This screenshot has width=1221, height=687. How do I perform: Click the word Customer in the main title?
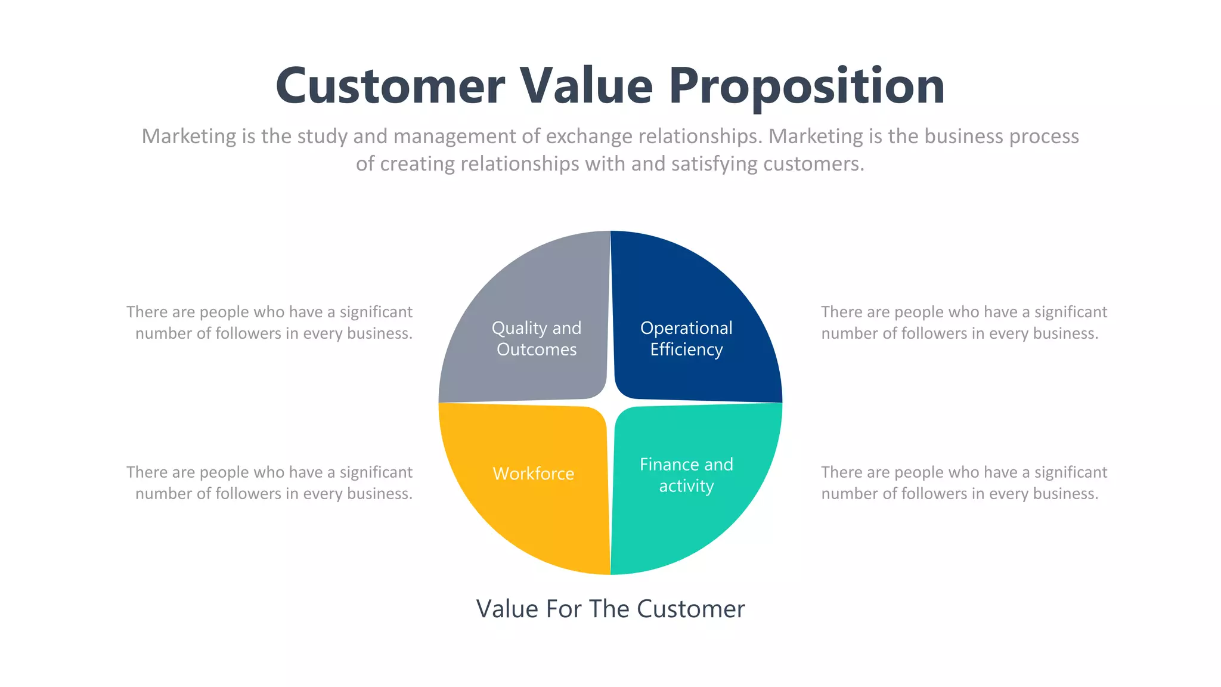coord(391,86)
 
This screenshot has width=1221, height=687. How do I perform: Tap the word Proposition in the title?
coord(806,86)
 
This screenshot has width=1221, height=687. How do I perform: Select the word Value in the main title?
coord(587,86)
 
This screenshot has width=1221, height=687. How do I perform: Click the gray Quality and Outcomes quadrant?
coord(525,286)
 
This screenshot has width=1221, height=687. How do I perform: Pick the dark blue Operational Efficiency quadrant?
coord(698,286)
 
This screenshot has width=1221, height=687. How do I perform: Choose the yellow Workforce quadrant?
coord(525,519)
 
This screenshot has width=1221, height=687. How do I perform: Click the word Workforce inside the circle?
coord(534,474)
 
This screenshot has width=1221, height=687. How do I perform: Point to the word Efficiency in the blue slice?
coord(686,349)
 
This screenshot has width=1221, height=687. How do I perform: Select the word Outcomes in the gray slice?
coord(537,349)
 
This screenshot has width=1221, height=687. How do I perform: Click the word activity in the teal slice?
coord(686,486)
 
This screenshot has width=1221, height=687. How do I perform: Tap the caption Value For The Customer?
coord(610,609)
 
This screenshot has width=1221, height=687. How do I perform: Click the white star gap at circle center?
coord(610,403)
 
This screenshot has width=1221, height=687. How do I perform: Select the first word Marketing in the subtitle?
coord(189,137)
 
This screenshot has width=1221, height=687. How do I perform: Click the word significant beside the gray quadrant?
coord(376,312)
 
